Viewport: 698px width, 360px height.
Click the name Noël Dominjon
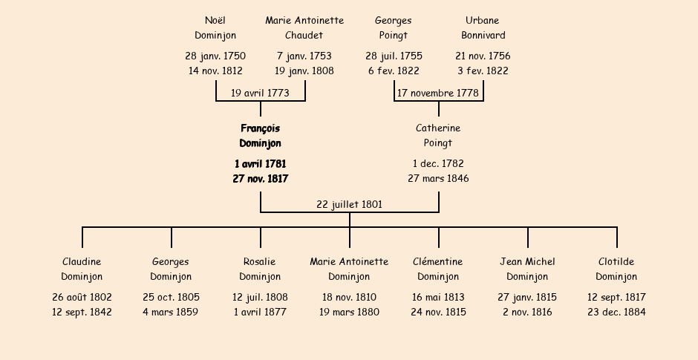pyautogui.click(x=215, y=27)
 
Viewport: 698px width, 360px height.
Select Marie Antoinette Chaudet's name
pyautogui.click(x=304, y=27)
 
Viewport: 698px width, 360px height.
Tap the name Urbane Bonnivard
pyautogui.click(x=483, y=27)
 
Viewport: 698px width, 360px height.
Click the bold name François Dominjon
pyautogui.click(x=261, y=136)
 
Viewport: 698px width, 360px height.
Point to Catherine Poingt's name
pyautogui.click(x=438, y=136)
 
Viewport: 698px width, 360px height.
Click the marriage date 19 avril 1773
pyautogui.click(x=260, y=93)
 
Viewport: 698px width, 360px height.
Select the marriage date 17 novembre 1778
pyautogui.click(x=438, y=93)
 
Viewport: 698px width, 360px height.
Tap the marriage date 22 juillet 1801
pyautogui.click(x=350, y=204)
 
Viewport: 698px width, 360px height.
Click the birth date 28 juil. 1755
pyautogui.click(x=394, y=56)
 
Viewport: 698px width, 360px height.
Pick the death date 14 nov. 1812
pyautogui.click(x=215, y=71)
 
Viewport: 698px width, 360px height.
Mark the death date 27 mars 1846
pyautogui.click(x=438, y=178)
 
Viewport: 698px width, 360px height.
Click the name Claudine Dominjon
pyautogui.click(x=82, y=269)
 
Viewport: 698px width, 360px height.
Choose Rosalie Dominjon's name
pyautogui.click(x=260, y=269)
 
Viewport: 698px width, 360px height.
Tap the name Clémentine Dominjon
pyautogui.click(x=438, y=269)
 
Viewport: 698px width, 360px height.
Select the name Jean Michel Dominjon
pyautogui.click(x=527, y=269)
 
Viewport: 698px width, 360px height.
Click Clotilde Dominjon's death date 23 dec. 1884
pyautogui.click(x=616, y=312)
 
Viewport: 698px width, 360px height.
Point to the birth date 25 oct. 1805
pyautogui.click(x=172, y=297)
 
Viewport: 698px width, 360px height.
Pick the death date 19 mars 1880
pyautogui.click(x=350, y=312)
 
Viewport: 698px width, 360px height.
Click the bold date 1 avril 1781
pyautogui.click(x=261, y=164)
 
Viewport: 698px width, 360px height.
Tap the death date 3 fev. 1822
pyautogui.click(x=483, y=71)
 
